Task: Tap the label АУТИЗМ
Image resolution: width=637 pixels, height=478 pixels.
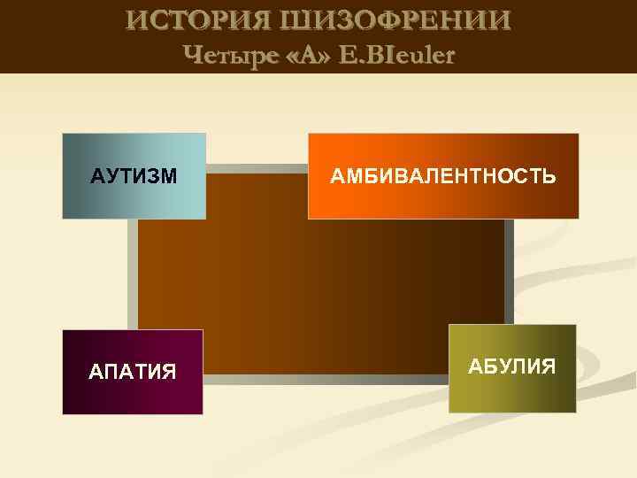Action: (x=134, y=176)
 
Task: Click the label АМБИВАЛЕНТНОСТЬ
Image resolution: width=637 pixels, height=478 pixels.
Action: (x=443, y=176)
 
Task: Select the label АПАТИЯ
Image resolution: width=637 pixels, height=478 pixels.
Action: (x=133, y=371)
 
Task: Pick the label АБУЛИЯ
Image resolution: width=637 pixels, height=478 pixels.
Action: (x=512, y=366)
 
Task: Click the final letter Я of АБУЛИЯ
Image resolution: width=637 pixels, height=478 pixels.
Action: (x=549, y=366)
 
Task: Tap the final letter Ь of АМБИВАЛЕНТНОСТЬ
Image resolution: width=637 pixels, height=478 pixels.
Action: (x=550, y=176)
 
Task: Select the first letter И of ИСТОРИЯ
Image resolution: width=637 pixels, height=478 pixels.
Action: (x=135, y=20)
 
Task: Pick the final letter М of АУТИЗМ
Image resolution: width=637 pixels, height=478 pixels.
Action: (x=169, y=176)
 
